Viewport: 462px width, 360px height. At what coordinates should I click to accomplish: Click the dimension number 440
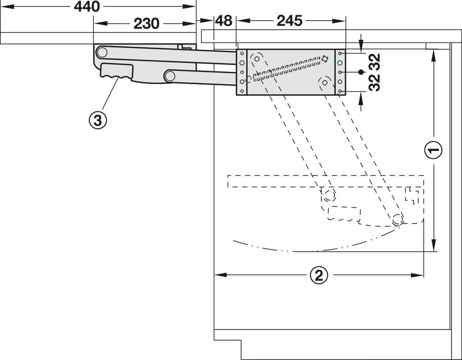tap(87, 7)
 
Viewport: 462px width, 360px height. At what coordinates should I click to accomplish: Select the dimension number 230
tap(147, 24)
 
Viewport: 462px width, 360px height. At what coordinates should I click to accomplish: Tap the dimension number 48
tap(224, 21)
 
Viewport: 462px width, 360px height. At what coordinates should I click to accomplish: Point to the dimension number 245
tap(289, 21)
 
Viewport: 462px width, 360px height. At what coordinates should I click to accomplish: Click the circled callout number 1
tap(433, 151)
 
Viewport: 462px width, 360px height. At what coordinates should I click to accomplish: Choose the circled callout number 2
tap(319, 276)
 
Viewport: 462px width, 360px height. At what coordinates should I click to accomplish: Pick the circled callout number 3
tap(98, 120)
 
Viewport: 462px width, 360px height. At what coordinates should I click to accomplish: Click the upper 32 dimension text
tap(374, 62)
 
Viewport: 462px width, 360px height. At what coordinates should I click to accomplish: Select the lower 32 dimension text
tap(374, 83)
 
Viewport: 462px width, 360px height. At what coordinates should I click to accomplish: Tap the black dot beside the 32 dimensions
tap(361, 72)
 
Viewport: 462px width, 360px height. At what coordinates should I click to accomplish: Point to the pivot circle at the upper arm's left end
tap(102, 52)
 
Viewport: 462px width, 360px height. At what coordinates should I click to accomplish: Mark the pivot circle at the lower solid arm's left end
tap(169, 76)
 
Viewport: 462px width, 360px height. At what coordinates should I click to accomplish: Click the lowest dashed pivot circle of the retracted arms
tap(397, 219)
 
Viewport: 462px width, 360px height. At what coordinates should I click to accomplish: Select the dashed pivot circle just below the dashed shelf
tap(328, 195)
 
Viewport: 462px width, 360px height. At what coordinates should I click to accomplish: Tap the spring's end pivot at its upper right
tap(325, 59)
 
